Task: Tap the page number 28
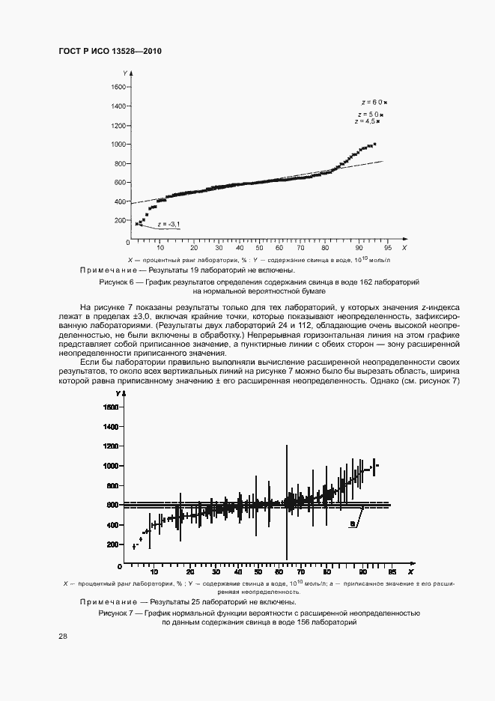click(63, 637)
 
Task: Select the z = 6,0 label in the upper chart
click(372, 101)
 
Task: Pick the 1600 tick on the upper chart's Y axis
click(118, 87)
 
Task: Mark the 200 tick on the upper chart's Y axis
click(121, 220)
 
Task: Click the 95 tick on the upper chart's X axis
click(387, 247)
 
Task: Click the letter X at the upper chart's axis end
click(404, 247)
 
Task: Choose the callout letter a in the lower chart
click(351, 526)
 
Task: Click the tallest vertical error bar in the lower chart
click(286, 502)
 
